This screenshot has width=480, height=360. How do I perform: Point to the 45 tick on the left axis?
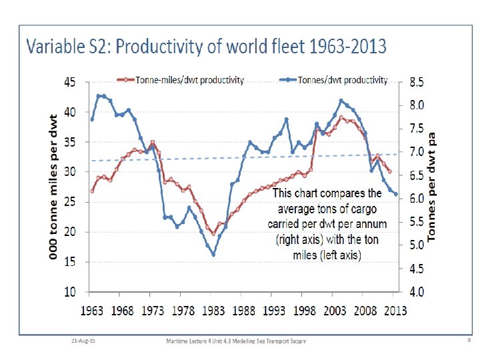(69, 82)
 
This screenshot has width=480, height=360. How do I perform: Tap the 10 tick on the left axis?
(69, 292)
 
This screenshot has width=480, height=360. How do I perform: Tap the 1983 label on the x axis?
(213, 310)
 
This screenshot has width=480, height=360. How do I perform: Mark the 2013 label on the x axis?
(396, 310)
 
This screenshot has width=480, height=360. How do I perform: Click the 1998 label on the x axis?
(305, 310)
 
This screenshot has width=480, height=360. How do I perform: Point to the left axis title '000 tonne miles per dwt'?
(53, 187)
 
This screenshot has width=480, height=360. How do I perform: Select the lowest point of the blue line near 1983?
(213, 255)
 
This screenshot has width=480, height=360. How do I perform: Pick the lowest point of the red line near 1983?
(213, 233)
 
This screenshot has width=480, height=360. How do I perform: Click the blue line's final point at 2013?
(396, 195)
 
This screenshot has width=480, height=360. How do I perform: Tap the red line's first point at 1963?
(92, 191)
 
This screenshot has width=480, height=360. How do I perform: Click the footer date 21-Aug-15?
(83, 341)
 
